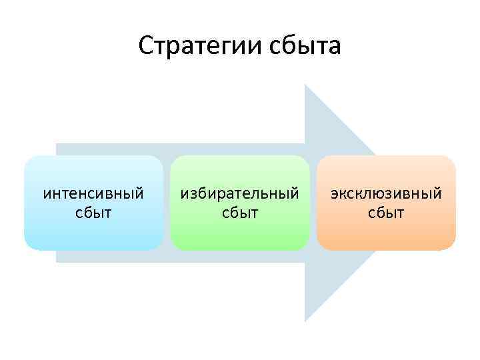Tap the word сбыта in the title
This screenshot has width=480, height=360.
[x=304, y=47]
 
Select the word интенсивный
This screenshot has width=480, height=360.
[x=93, y=194]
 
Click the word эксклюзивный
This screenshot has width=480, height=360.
[x=386, y=194]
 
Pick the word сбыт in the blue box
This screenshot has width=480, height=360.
[x=93, y=213]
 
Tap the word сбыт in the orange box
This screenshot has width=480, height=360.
[x=386, y=213]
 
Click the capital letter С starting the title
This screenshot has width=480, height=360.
[x=147, y=47]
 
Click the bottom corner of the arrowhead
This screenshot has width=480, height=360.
[x=305, y=320]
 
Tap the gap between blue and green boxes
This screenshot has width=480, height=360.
[x=167, y=203]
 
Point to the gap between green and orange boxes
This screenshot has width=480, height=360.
[x=313, y=203]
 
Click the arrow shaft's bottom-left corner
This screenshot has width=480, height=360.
[x=57, y=261]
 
